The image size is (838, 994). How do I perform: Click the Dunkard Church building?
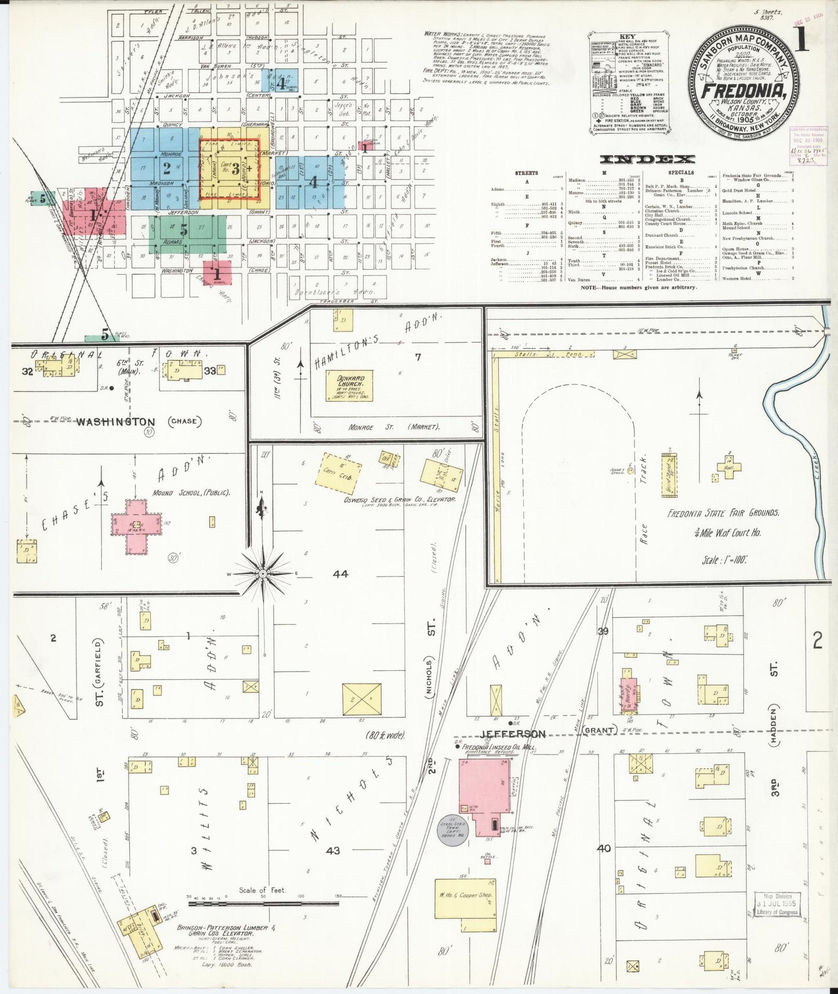[x=349, y=386]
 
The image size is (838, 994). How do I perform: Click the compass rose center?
[x=263, y=573]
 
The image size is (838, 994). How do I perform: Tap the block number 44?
[x=340, y=574]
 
